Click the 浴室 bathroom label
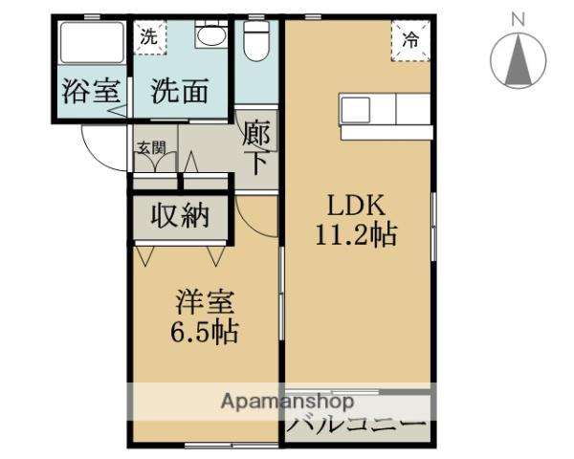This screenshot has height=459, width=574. point(91,93)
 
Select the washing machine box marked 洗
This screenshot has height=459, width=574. point(149,38)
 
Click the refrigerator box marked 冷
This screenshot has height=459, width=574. point(409,41)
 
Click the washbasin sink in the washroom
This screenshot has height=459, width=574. point(210,36)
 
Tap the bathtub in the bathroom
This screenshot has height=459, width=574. point(90,43)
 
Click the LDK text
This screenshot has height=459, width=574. point(357,205)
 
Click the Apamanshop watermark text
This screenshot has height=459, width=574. point(287,402)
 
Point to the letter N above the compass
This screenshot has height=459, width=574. point(519,18)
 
